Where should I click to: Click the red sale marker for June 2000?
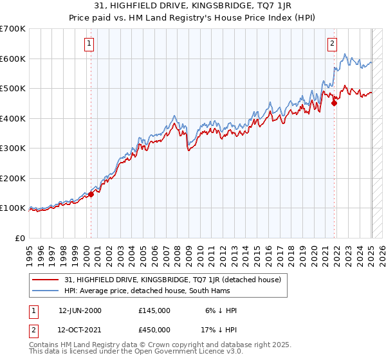[x=91, y=194]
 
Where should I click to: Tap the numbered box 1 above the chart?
[x=88, y=44]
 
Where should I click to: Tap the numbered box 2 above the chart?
[x=332, y=44]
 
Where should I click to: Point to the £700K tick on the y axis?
[x=13, y=29]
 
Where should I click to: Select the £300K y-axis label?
[x=13, y=148]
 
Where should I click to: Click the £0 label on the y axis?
[x=21, y=238]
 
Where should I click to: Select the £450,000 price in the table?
[x=154, y=330]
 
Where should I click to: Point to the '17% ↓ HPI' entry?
[x=219, y=330]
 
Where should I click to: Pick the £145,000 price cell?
[x=154, y=310]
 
